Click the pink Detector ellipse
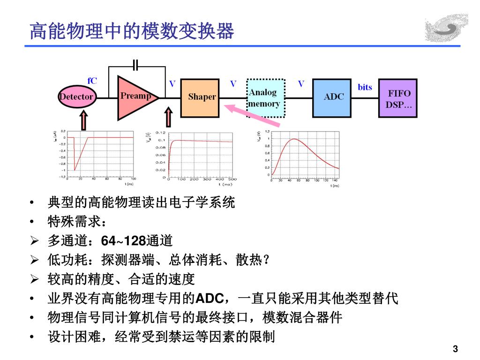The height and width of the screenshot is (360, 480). [x=76, y=97]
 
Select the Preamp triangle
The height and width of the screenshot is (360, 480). [x=134, y=97]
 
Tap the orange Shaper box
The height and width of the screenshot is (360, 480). [x=202, y=97]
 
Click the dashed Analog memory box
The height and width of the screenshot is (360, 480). [x=265, y=98]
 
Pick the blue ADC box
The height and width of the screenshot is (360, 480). [x=334, y=97]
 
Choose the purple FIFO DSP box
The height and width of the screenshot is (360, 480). [x=397, y=98]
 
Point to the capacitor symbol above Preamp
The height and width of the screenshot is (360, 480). [x=136, y=65]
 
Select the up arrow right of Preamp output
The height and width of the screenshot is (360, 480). [x=168, y=119]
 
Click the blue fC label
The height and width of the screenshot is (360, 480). [x=92, y=81]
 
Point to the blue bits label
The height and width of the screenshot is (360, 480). [x=365, y=87]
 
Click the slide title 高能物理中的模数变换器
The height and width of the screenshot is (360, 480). [x=132, y=31]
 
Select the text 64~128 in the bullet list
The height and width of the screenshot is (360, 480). [x=123, y=241]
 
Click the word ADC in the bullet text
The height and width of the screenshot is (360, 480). [x=204, y=299]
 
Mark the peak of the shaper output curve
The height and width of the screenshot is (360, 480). [x=293, y=139]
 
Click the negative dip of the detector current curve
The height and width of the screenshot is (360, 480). [x=75, y=170]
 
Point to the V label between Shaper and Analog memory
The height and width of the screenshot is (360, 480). [x=233, y=84]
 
